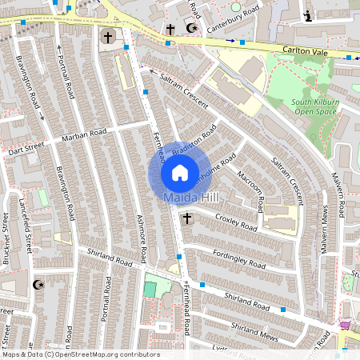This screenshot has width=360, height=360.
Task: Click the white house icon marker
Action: click(180, 172)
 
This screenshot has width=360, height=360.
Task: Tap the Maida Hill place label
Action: click(187, 197)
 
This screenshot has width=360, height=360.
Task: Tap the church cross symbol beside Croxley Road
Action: click(187, 218)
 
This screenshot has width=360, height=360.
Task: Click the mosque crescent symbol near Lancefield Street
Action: click(37, 284)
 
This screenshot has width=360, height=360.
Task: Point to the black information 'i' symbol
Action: click(308, 15)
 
